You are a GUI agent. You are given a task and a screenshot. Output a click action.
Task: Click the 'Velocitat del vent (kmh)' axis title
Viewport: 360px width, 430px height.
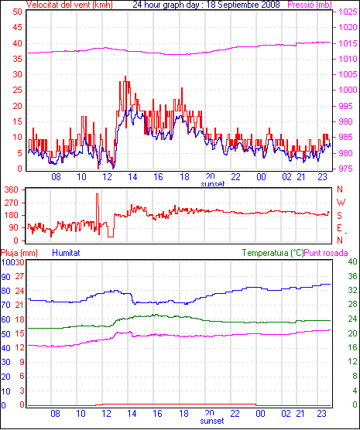tap(70, 5)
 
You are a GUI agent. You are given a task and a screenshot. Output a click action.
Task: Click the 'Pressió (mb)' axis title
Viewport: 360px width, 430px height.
tap(310, 5)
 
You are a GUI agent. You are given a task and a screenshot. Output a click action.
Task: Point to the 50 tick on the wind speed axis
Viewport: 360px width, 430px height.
tap(17, 12)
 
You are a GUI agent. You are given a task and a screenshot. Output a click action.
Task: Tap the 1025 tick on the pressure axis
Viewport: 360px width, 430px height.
tap(348, 12)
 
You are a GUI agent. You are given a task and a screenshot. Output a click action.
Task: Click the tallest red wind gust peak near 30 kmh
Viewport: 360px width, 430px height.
tap(125, 77)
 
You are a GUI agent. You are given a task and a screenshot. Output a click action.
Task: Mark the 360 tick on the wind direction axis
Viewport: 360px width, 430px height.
tap(12, 189)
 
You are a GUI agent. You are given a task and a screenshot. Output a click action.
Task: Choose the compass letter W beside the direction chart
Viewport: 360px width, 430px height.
tap(341, 203)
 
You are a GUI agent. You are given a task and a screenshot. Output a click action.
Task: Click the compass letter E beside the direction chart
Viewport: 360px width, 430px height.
tap(340, 228)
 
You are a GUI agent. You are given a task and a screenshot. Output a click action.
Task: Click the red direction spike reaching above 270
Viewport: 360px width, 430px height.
tap(97, 195)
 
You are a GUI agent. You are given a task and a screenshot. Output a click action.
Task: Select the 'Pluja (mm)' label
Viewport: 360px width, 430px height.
tap(19, 253)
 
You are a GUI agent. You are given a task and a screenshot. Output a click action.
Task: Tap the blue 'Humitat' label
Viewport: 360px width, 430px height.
tap(66, 253)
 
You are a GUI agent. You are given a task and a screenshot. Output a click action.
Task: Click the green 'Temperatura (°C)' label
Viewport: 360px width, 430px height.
tap(273, 253)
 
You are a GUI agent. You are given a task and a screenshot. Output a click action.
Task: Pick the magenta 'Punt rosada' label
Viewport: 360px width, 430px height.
tap(326, 253)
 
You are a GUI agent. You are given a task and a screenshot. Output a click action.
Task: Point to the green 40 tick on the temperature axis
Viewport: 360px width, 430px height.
tap(352, 261)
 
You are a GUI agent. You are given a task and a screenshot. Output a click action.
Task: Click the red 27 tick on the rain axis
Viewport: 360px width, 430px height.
tap(19, 276)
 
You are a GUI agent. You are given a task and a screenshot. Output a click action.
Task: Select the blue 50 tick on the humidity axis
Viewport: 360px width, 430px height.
tap(5, 334)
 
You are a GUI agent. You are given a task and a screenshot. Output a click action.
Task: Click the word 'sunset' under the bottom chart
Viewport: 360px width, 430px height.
tap(212, 421)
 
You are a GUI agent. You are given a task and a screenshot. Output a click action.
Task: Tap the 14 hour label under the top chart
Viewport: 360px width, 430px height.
tap(132, 177)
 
